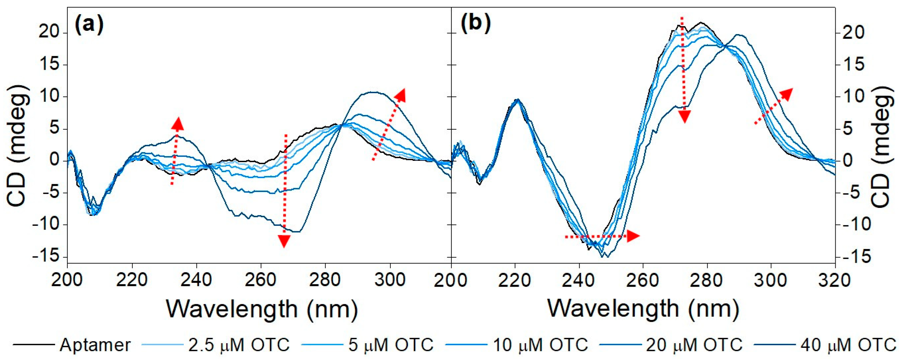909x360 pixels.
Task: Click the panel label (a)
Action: point(89,24)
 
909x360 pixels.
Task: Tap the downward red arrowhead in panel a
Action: point(284,241)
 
